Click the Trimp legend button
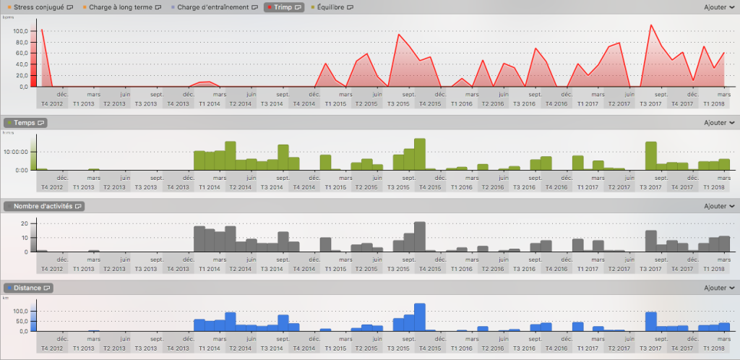coord(285,7)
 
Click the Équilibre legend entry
coord(333,7)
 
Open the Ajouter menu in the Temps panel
coord(719,123)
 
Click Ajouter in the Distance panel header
coord(719,288)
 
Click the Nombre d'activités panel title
coord(45,206)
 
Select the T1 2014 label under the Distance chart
coord(209,348)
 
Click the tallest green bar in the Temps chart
coord(420,154)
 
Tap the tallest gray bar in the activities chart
coord(420,236)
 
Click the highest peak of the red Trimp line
coord(651,25)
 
